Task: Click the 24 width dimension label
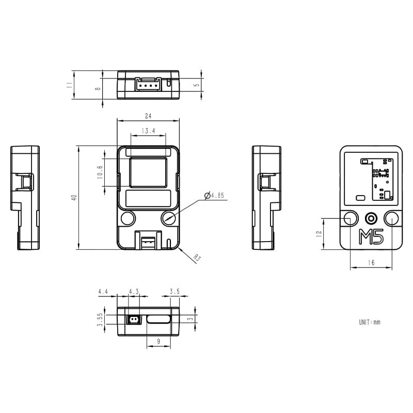coord(148,116)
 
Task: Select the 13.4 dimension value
coord(148,131)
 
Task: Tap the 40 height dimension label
coord(74,198)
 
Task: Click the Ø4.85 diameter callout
coord(214,196)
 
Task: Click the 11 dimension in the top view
coord(69,85)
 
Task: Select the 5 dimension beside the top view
coord(196,85)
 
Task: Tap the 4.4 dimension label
coord(103,292)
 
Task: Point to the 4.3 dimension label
coord(134,292)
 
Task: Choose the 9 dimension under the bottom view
coord(158,341)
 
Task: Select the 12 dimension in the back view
coord(319,233)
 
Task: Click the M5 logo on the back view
coord(371,237)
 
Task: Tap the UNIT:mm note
coord(370,322)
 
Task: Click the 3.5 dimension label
coord(174,292)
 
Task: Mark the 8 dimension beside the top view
coord(98,89)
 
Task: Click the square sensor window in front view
coord(148,172)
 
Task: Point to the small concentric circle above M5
coord(371,218)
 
